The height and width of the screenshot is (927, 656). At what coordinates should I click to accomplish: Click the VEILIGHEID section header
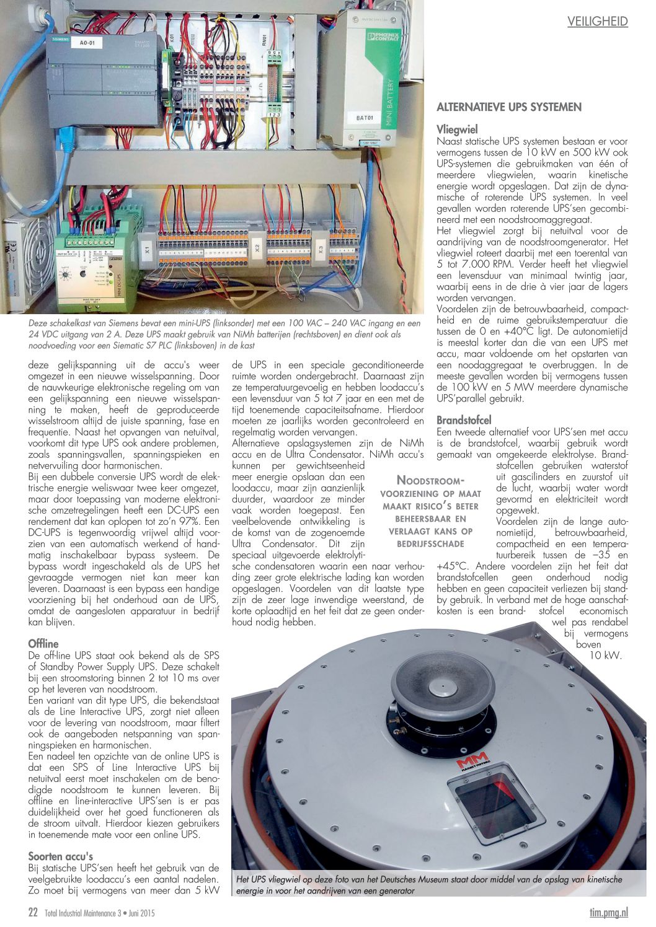click(x=597, y=22)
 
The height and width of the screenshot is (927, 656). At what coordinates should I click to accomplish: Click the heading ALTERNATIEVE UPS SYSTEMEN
click(x=508, y=107)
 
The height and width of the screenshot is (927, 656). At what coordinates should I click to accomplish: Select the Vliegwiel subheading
click(x=457, y=130)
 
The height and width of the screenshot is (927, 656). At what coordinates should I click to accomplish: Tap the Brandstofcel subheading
click(x=464, y=420)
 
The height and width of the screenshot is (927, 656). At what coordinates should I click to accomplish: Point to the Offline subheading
click(x=43, y=644)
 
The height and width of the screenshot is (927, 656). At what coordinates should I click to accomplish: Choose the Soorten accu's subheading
click(x=61, y=856)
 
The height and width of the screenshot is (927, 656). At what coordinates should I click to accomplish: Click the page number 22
click(x=33, y=912)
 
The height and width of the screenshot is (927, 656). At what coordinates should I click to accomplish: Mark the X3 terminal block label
click(x=320, y=250)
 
